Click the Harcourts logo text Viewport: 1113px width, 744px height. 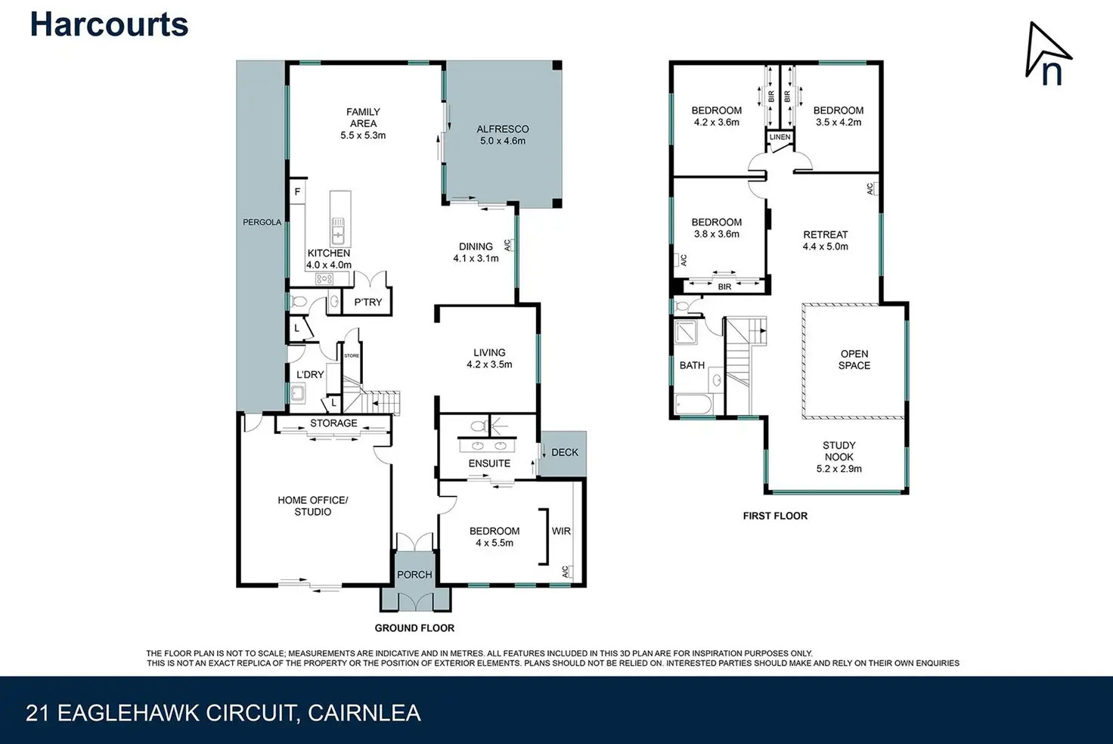pyautogui.click(x=110, y=24)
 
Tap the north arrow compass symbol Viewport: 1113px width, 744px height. pyautogui.click(x=1046, y=54)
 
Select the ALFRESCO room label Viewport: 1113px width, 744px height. pyautogui.click(x=502, y=129)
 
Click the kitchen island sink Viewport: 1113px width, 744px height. pyautogui.click(x=338, y=231)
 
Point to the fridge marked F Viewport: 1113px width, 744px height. pyautogui.click(x=297, y=192)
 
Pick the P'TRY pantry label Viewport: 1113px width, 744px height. pyautogui.click(x=368, y=302)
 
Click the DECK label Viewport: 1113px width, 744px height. pyautogui.click(x=565, y=452)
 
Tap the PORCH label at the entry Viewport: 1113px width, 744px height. pyautogui.click(x=414, y=575)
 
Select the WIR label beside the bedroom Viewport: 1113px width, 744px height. pyautogui.click(x=561, y=531)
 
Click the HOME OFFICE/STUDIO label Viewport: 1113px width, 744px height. pyautogui.click(x=312, y=506)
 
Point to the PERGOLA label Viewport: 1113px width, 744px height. pyautogui.click(x=262, y=222)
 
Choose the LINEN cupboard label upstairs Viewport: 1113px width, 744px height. pyautogui.click(x=780, y=137)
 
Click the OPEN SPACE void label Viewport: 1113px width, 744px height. pyautogui.click(x=854, y=359)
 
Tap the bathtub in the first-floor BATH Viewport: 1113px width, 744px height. pyautogui.click(x=693, y=404)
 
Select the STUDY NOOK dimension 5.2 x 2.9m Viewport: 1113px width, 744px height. pyautogui.click(x=839, y=469)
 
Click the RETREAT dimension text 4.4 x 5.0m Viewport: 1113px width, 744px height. pyautogui.click(x=826, y=246)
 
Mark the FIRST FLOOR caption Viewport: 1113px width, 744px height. pyautogui.click(x=775, y=516)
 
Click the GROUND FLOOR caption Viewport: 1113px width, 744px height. pyautogui.click(x=414, y=628)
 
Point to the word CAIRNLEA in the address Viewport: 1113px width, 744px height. pyautogui.click(x=364, y=713)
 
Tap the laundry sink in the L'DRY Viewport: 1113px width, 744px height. pyautogui.click(x=298, y=394)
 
